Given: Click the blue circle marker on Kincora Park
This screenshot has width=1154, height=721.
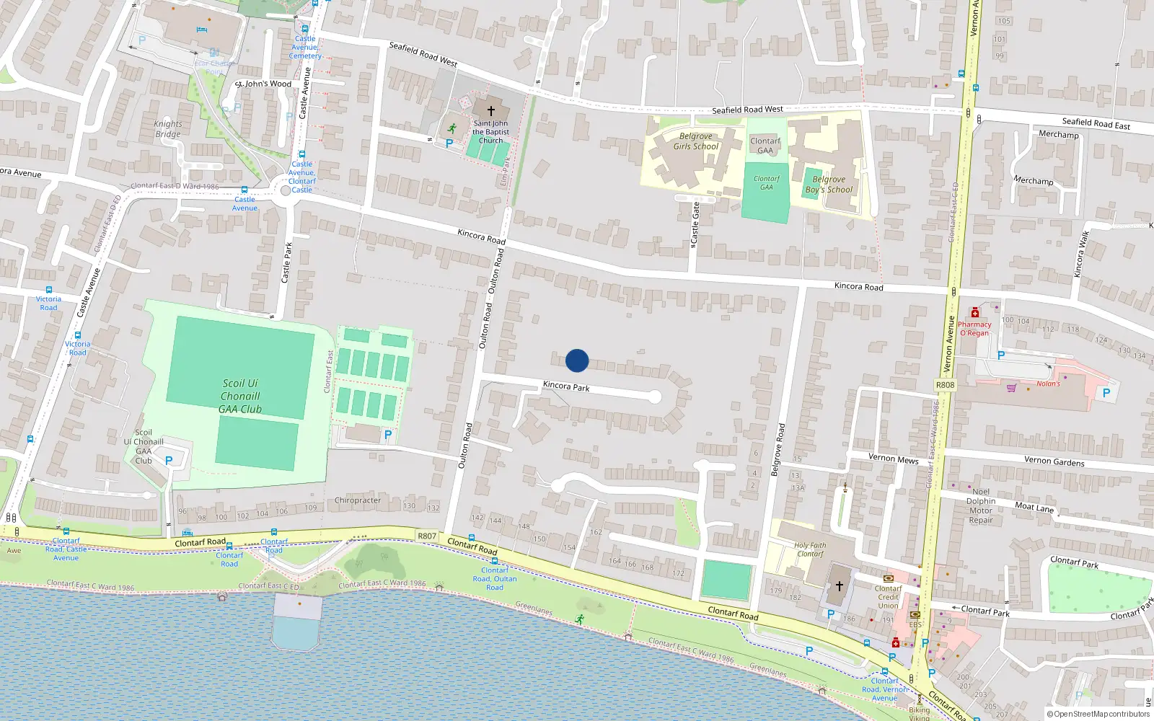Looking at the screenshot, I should (577, 360).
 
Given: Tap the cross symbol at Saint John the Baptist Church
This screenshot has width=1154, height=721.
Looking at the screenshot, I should (491, 111).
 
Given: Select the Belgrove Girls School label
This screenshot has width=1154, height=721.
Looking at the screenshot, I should (695, 141).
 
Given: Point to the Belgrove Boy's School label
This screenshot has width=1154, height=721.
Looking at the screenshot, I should (829, 185).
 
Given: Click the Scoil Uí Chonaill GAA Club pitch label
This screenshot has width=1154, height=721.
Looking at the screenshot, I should (241, 396).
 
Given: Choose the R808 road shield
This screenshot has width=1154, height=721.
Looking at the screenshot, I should (945, 385).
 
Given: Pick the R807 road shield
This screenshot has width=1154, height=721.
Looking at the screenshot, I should (427, 536).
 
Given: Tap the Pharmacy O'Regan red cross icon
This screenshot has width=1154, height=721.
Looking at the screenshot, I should (974, 312).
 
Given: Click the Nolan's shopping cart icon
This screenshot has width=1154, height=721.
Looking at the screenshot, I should (1011, 387).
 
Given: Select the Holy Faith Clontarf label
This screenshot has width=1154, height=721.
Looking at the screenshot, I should (810, 549).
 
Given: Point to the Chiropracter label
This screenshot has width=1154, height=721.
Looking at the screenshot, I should (358, 500).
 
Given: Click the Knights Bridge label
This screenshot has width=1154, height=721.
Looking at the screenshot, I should (168, 129).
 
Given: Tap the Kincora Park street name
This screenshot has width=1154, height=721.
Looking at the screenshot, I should (566, 386).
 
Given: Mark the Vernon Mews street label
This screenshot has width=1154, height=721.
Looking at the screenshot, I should (893, 459).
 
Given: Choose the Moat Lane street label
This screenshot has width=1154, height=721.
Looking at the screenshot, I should (1034, 508).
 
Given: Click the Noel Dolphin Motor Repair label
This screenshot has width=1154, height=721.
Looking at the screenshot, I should (981, 505).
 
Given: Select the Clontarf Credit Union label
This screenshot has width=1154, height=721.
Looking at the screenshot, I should (888, 597).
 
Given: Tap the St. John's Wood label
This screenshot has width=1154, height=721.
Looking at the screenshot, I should (263, 84).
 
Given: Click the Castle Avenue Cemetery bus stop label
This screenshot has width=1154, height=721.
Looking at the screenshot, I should (305, 48).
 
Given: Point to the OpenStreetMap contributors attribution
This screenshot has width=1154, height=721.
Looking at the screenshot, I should (1098, 714).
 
